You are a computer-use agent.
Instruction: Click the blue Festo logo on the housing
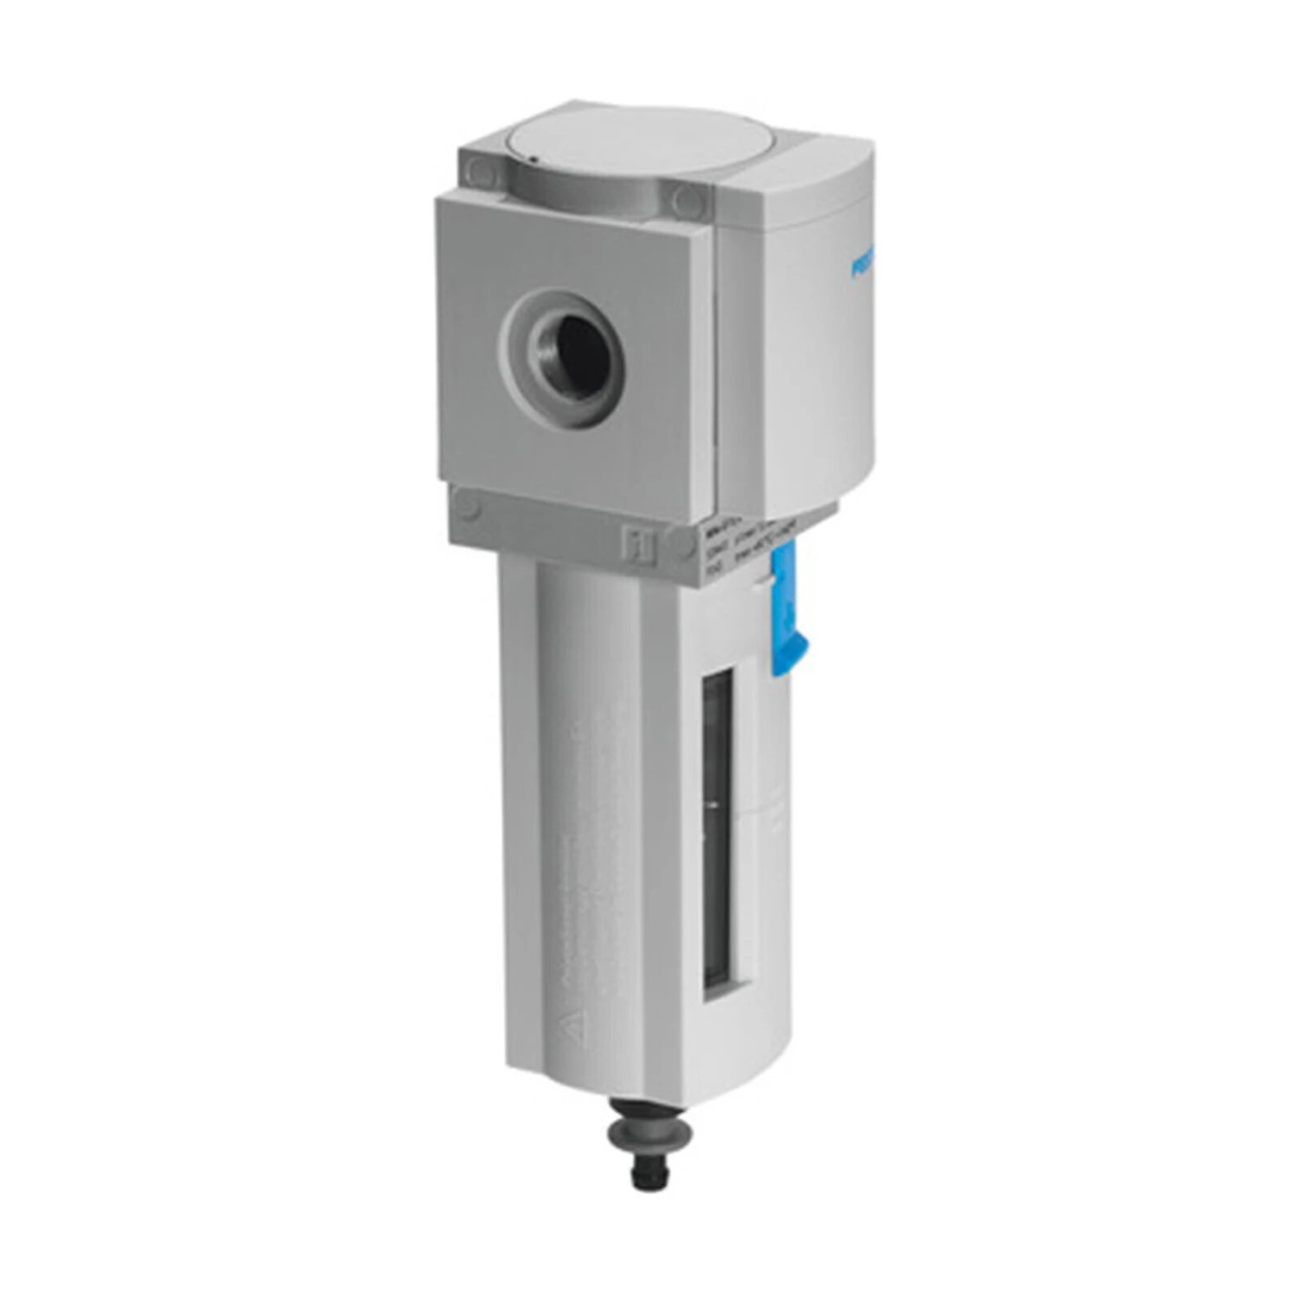[x=861, y=267]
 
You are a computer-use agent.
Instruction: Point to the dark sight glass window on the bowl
[x=722, y=835]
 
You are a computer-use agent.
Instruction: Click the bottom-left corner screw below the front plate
[x=467, y=506]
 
